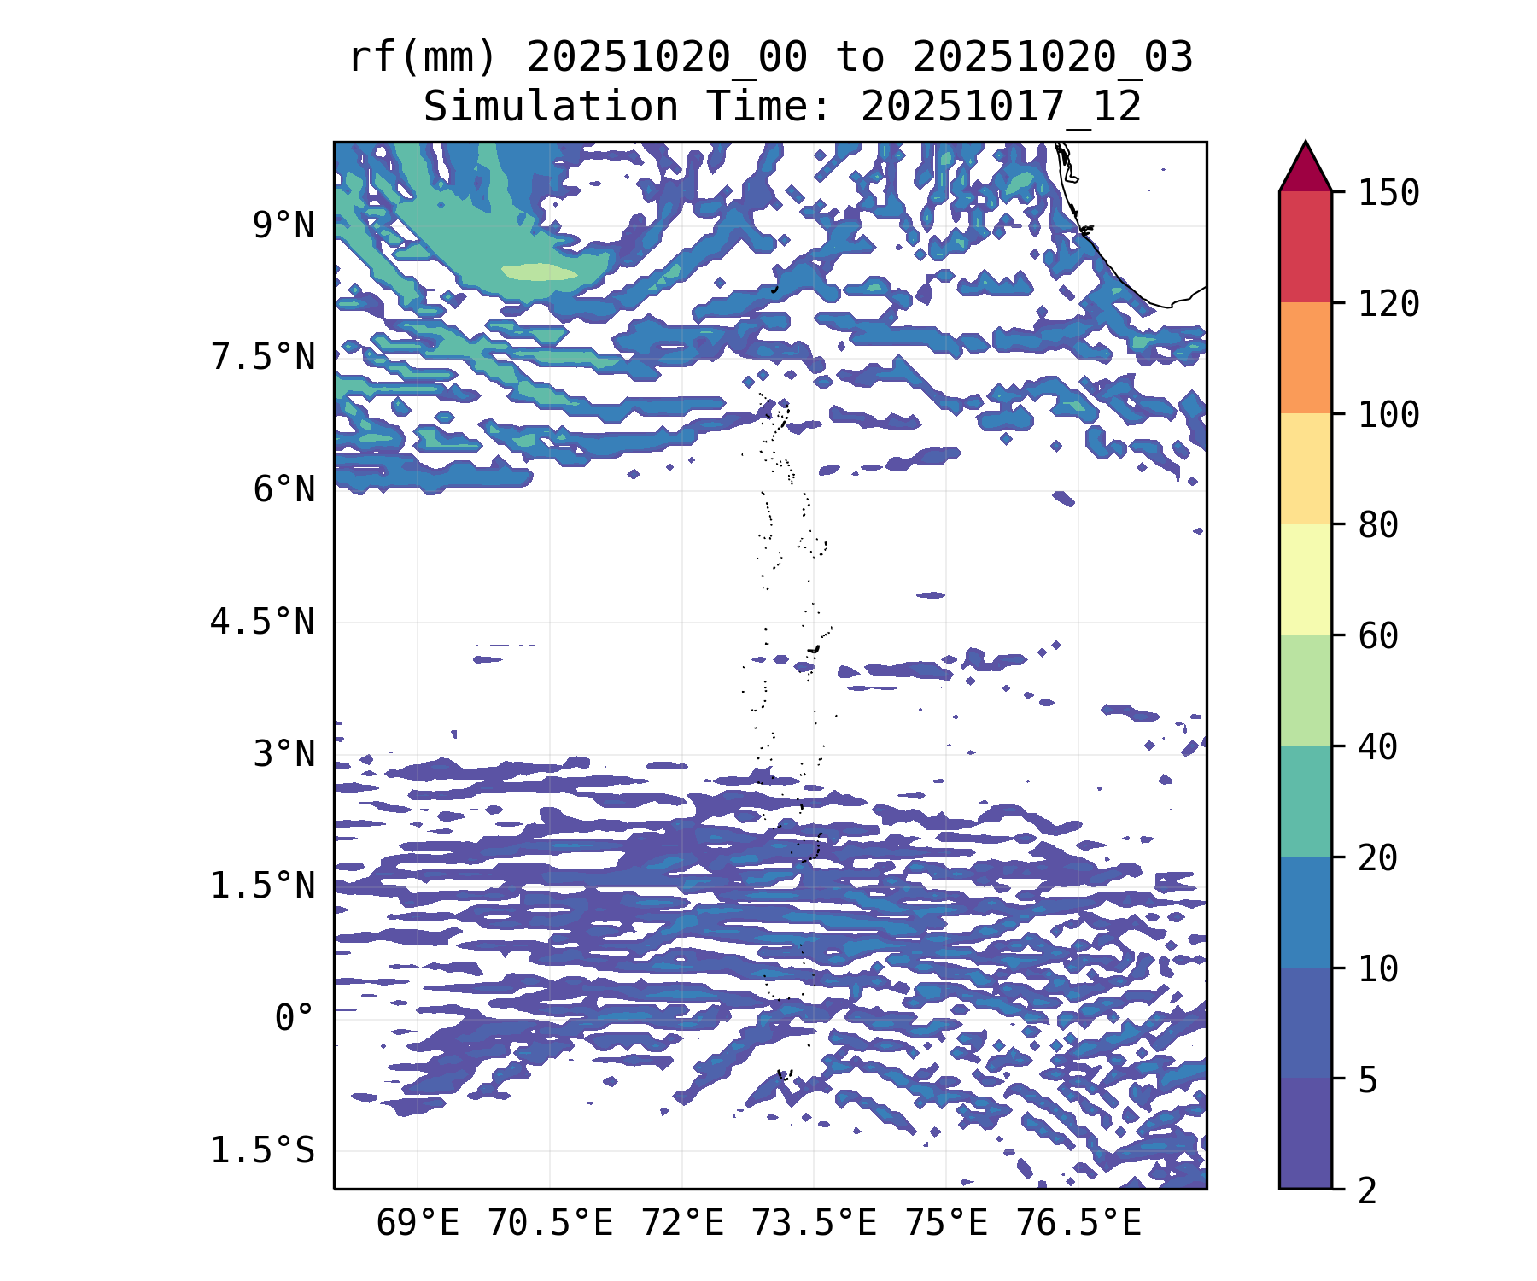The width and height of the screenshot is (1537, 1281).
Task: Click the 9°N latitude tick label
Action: tap(283, 226)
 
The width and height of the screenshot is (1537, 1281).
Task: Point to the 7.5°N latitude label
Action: tap(263, 358)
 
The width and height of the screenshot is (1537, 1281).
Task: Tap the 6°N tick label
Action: tap(283, 490)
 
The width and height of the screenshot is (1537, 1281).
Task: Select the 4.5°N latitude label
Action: tap(263, 623)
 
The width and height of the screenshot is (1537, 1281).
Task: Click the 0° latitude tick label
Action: tap(295, 1018)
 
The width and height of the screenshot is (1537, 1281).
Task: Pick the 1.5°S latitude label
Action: tap(263, 1151)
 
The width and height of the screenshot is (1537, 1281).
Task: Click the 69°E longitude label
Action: tap(418, 1224)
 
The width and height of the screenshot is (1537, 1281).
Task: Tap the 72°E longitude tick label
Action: tap(682, 1224)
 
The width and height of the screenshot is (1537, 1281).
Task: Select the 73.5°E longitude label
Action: tap(814, 1224)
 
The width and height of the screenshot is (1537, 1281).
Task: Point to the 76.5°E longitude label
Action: tap(1078, 1224)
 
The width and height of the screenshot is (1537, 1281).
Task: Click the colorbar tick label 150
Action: tap(1388, 193)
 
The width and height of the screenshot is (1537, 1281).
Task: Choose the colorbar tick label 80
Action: tap(1378, 525)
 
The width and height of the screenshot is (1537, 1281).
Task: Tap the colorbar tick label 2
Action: tap(1368, 1190)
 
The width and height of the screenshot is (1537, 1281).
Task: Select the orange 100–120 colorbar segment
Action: tap(1305, 358)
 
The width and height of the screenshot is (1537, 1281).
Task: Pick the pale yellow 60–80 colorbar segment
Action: tap(1305, 579)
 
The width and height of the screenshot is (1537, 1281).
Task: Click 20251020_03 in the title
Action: tap(1052, 58)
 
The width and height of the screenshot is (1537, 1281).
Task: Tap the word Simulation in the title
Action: tap(551, 108)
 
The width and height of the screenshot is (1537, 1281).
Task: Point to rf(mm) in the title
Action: tap(424, 58)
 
